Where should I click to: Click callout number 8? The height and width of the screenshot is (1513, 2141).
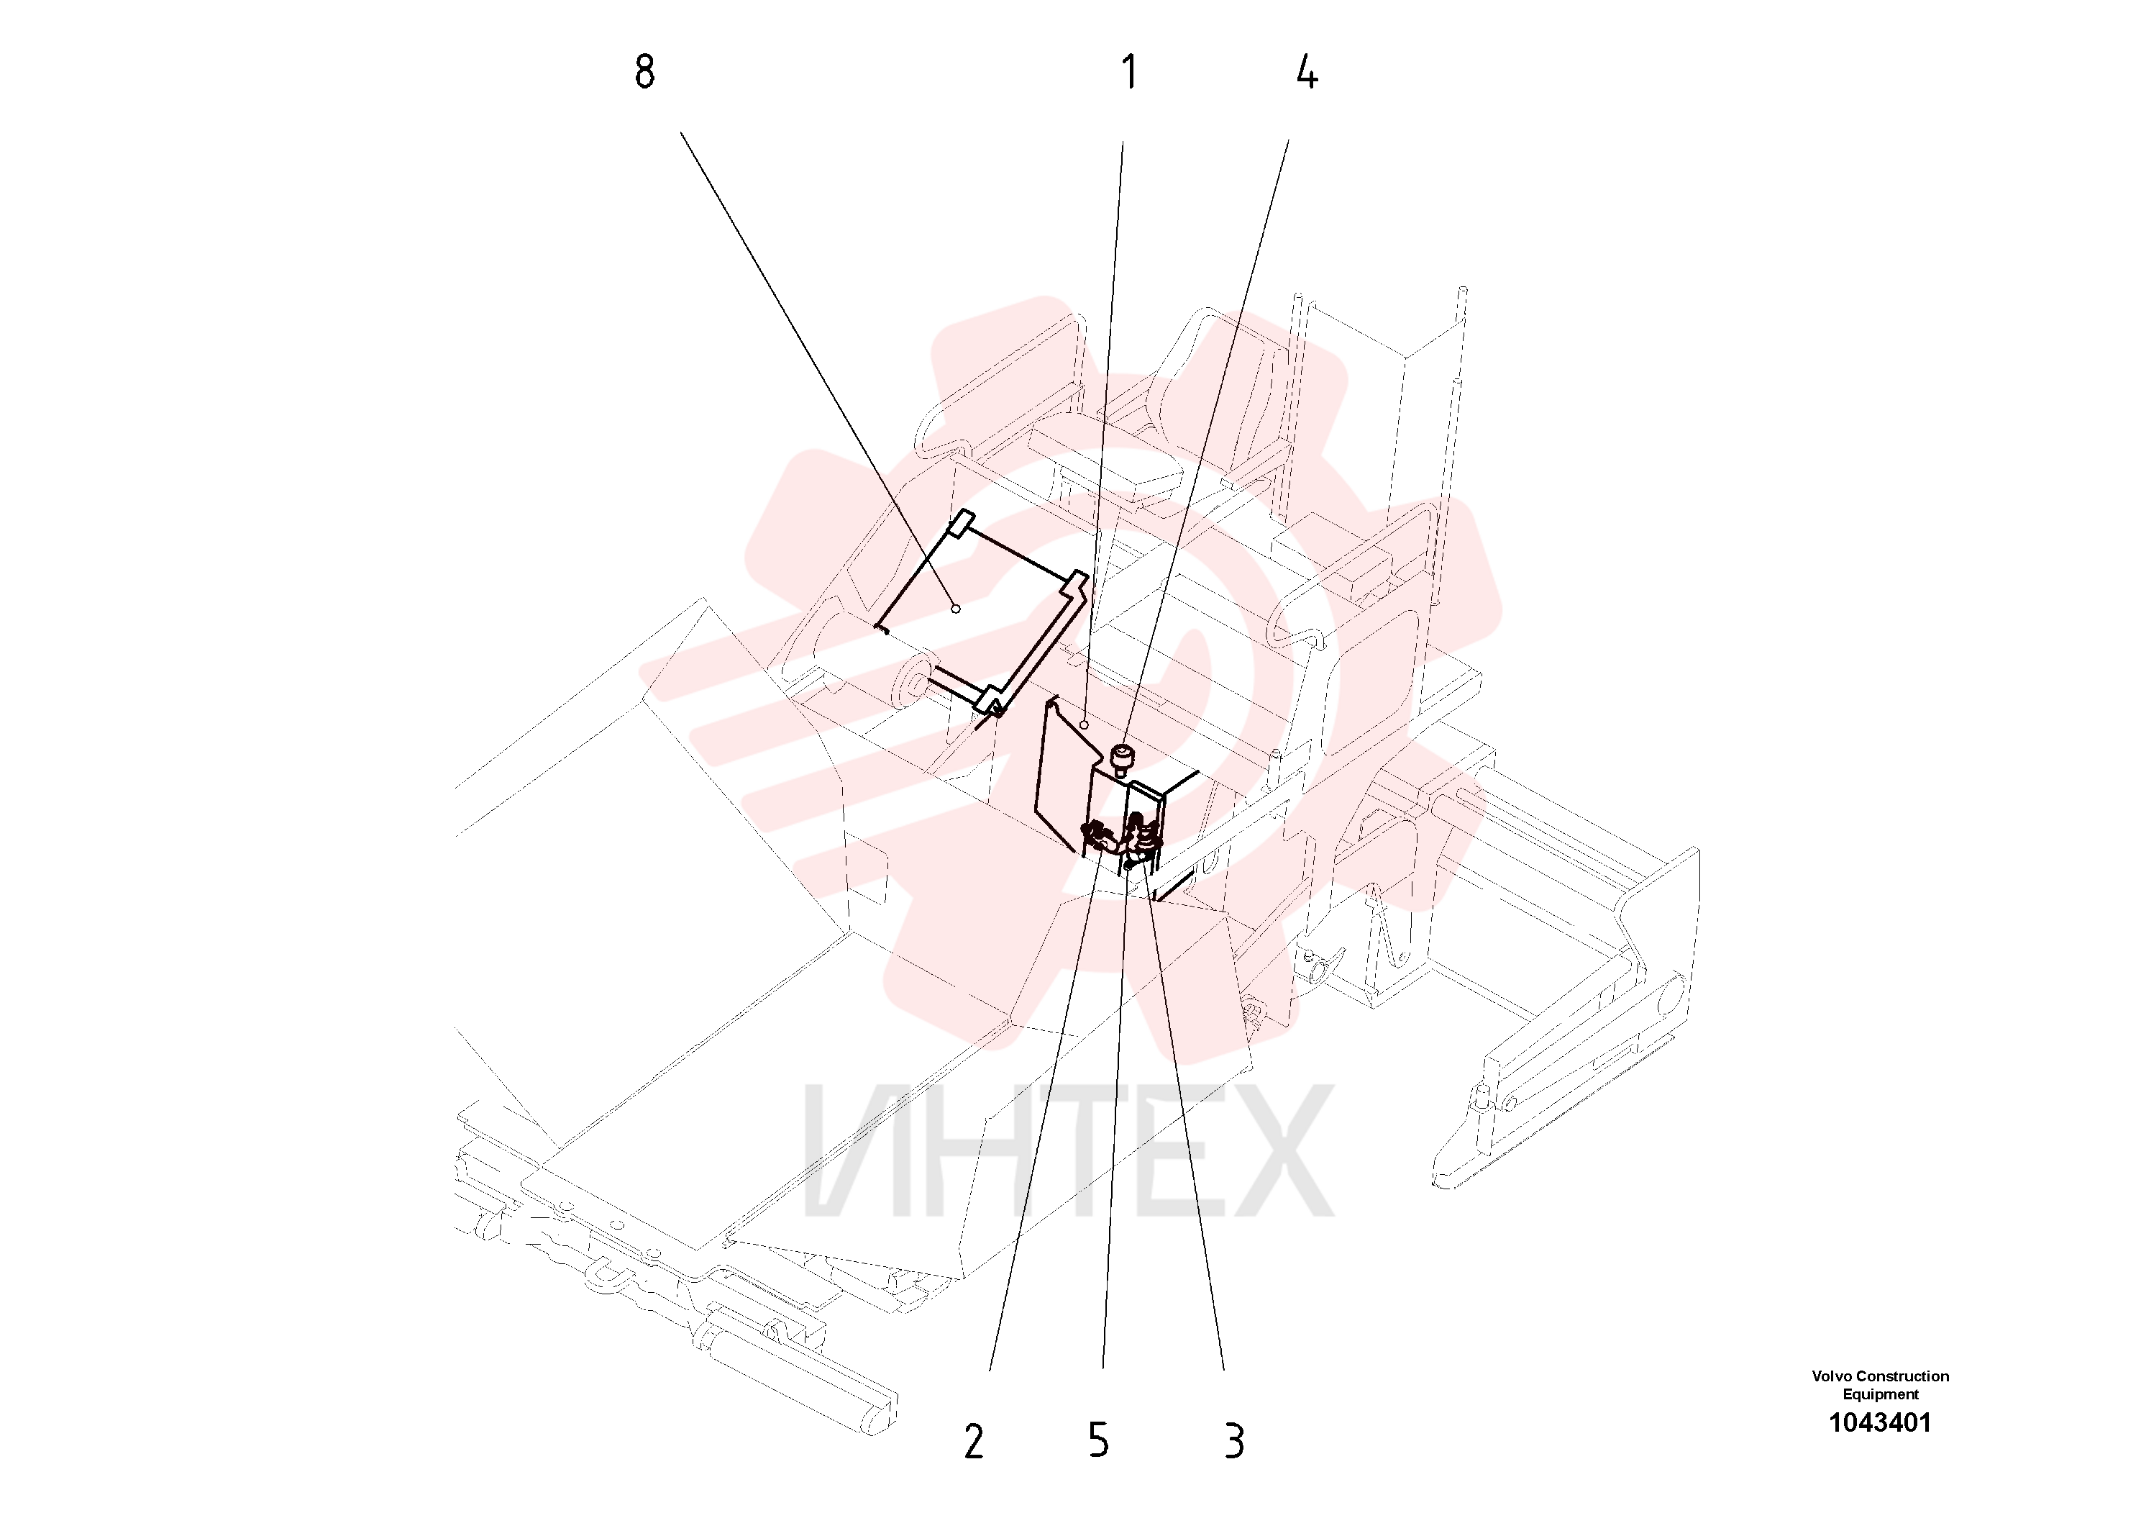644,72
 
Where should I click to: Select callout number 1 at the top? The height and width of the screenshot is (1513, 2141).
1129,72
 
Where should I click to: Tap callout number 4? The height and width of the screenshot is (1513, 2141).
1307,72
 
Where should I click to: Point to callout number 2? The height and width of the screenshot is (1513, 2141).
974,1442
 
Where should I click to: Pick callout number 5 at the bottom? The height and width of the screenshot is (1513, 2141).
1098,1440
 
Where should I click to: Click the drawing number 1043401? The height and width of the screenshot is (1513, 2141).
1880,1422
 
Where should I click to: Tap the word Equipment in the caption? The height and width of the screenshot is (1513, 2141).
1880,1394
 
